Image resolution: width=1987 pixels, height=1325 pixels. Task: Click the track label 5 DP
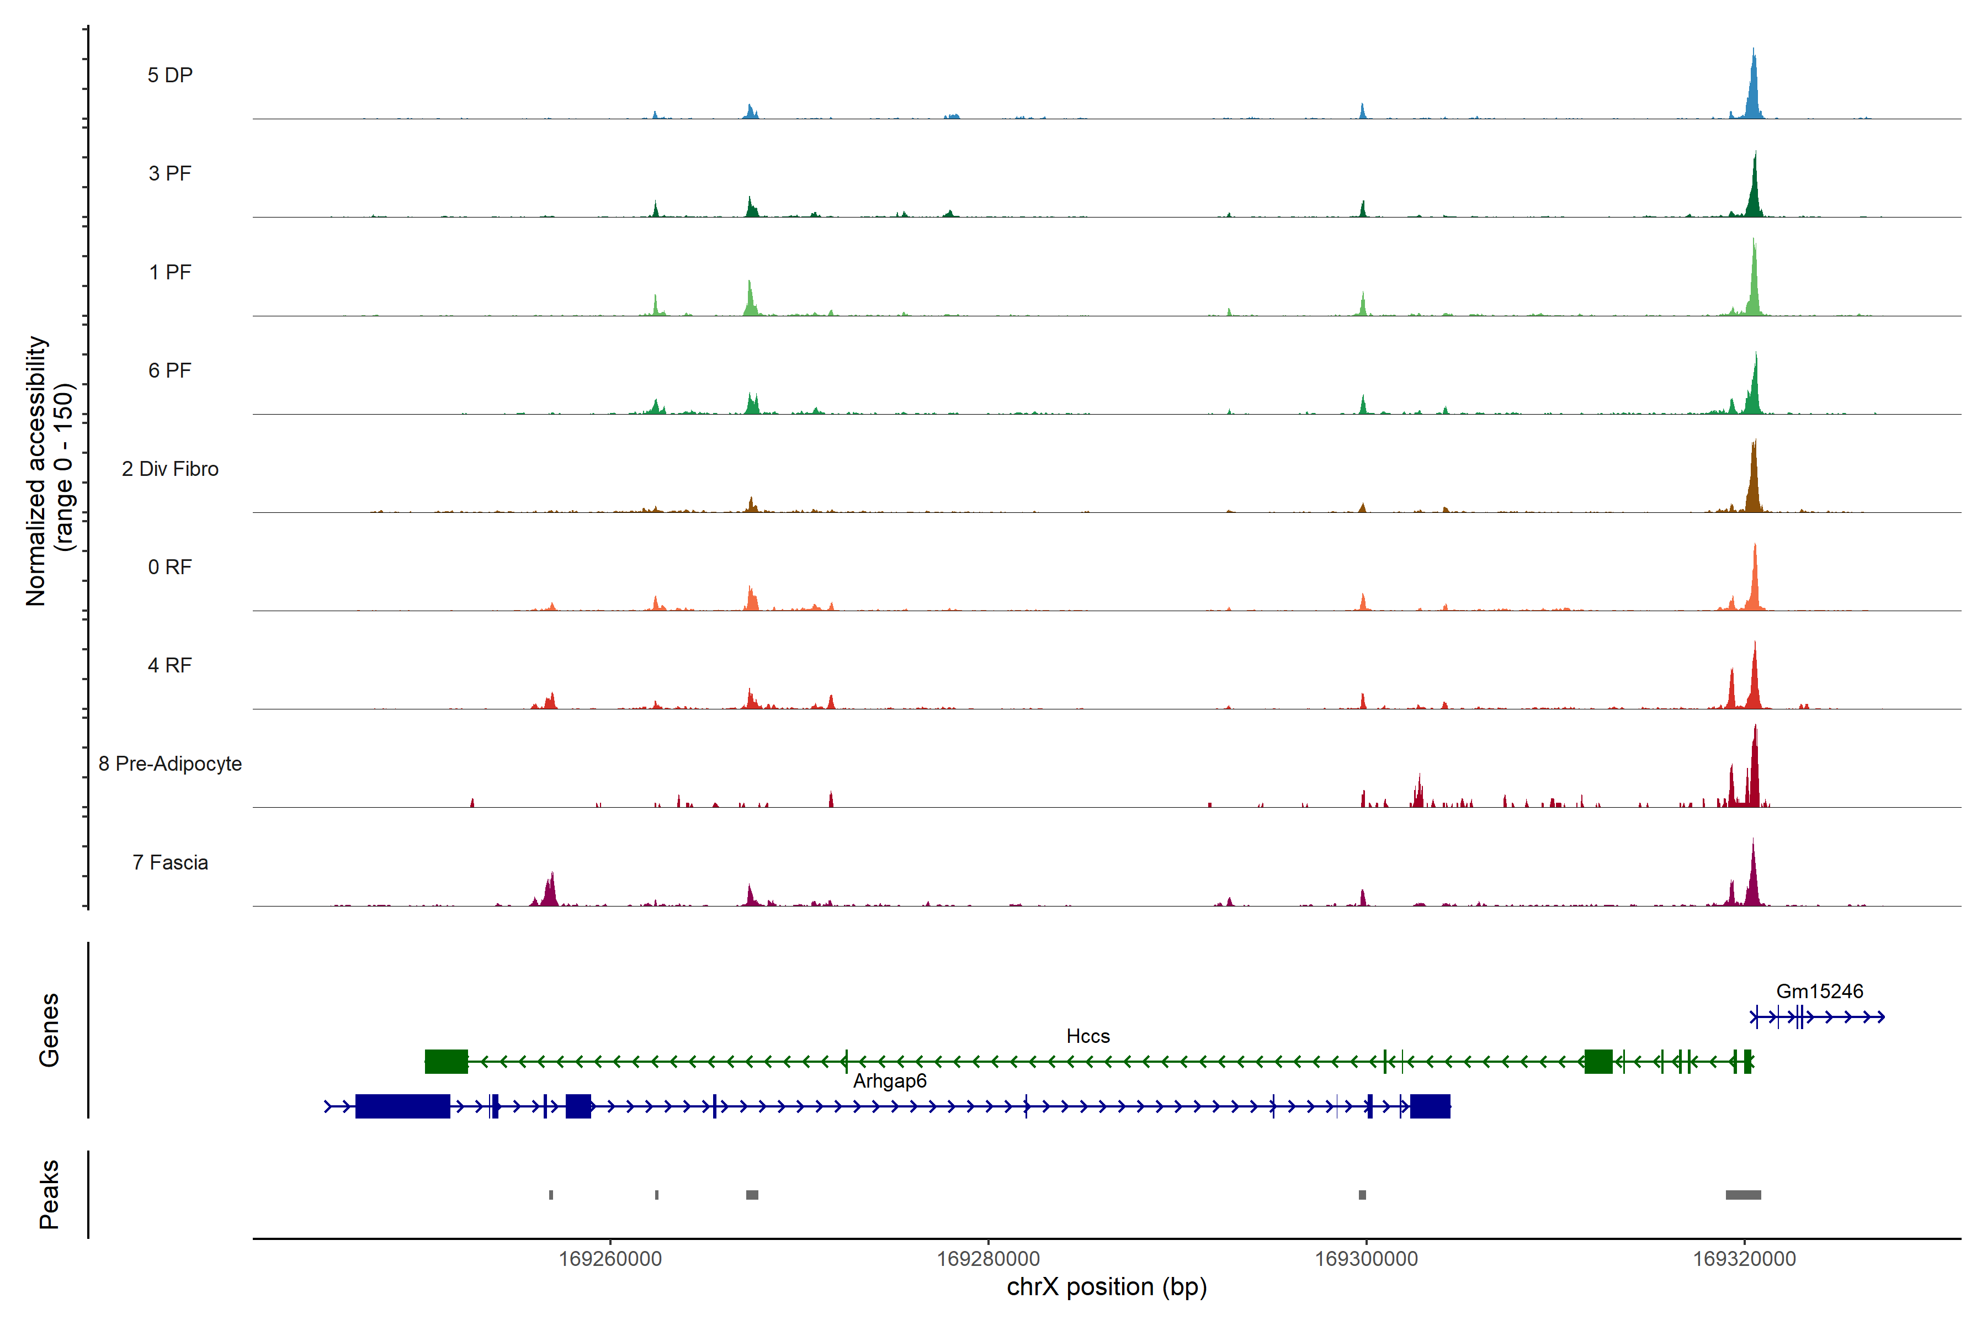tap(170, 75)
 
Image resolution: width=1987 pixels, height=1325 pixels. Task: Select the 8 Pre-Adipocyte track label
tap(170, 764)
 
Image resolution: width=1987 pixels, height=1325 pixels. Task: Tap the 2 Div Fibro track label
tap(170, 469)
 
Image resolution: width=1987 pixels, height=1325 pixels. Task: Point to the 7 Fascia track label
tap(170, 863)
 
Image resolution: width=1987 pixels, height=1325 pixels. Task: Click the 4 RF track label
tap(170, 666)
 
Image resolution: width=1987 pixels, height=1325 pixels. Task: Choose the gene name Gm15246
tap(1819, 991)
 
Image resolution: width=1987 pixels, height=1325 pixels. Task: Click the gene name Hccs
tap(1087, 1036)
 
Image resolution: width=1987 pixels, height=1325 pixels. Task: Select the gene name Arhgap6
tap(890, 1081)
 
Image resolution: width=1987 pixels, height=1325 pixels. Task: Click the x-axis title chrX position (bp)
tap(1107, 1287)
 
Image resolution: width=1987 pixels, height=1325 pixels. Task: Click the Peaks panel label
tap(49, 1194)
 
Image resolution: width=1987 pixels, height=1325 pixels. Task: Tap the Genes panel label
tap(49, 1030)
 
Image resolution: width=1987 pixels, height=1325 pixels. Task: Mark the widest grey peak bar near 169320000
tap(1743, 1195)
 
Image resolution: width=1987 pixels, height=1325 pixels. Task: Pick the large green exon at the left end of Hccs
tap(446, 1061)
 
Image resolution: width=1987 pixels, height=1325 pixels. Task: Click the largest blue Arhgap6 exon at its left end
tap(402, 1106)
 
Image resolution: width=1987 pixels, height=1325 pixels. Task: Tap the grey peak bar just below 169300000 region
tap(1362, 1195)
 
